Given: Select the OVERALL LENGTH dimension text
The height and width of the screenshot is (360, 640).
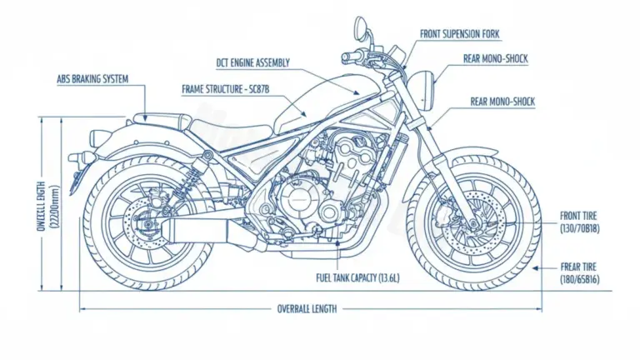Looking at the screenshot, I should point(307,308).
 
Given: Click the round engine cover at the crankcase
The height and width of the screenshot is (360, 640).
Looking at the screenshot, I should point(297,200).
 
